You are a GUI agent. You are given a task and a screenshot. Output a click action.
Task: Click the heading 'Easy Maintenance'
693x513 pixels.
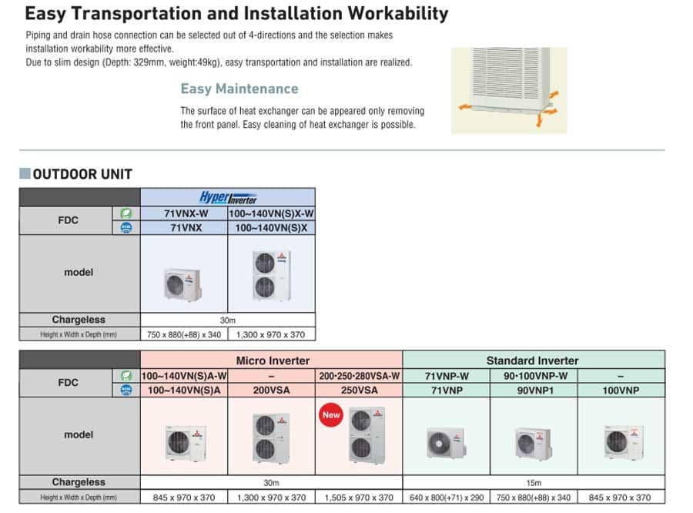coord(239,89)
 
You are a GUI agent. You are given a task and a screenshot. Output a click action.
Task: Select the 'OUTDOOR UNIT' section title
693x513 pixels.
coord(82,174)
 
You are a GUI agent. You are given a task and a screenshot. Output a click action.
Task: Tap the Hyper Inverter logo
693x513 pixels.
coord(228,197)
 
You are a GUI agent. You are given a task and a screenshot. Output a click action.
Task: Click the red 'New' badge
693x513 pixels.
coord(331,414)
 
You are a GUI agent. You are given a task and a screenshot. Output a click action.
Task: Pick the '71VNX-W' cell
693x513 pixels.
coord(184,213)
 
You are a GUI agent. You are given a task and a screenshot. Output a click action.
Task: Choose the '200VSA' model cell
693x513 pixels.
coord(271,391)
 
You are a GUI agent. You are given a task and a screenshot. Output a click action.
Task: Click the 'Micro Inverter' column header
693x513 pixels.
coord(272,360)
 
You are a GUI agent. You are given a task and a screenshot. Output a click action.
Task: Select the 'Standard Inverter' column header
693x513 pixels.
coord(532,360)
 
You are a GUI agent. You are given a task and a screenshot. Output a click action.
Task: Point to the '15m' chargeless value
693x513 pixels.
coord(533,483)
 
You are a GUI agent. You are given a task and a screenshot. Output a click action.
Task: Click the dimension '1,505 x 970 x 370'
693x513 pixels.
coord(359,498)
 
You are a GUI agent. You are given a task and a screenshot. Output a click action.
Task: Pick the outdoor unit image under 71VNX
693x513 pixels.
coord(183,283)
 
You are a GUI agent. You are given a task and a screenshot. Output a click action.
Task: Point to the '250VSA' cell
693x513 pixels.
coord(359,391)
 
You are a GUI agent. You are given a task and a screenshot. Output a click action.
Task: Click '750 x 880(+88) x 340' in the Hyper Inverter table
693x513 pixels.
coord(183,334)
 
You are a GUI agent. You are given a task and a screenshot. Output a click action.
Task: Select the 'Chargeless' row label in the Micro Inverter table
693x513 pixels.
coord(79,483)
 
